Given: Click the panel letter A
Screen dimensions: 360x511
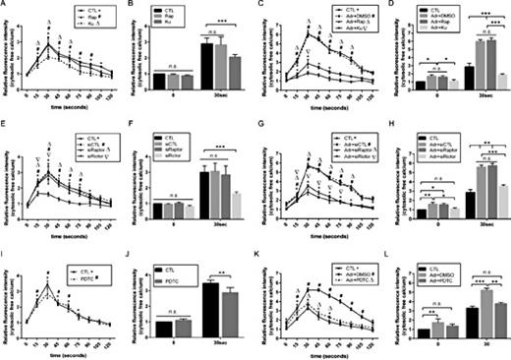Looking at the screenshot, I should (5, 6).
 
